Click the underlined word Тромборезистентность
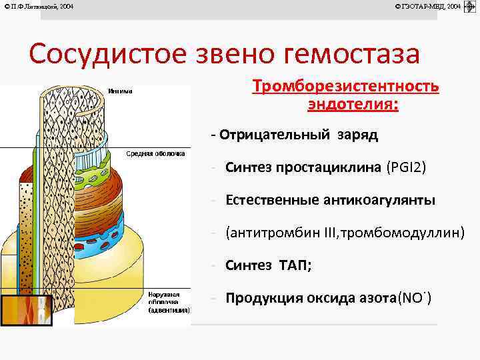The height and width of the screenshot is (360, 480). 345,87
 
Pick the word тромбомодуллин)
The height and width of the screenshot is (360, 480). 405,233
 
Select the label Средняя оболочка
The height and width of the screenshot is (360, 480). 155,153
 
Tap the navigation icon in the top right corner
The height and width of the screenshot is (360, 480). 469,7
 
